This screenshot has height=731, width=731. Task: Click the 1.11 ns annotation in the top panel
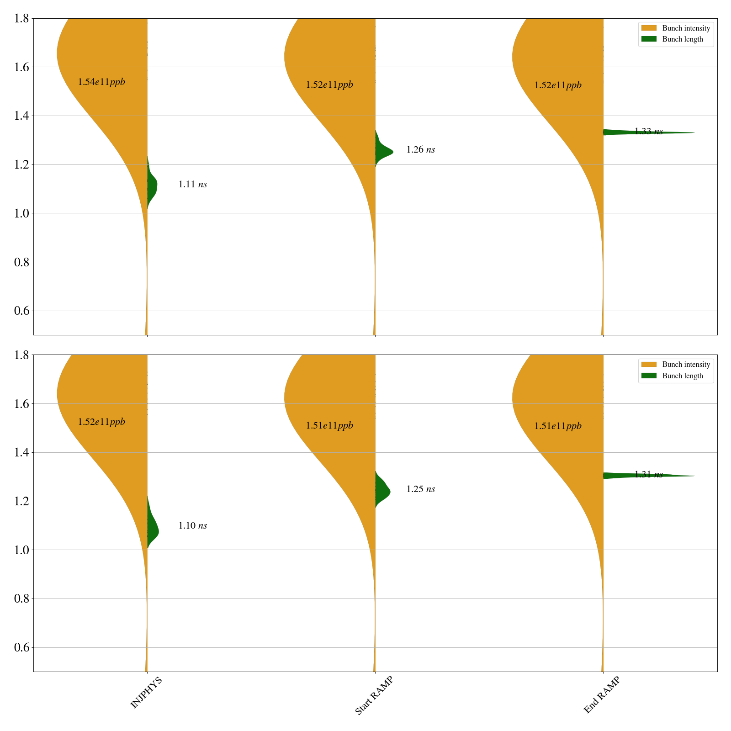tap(192, 185)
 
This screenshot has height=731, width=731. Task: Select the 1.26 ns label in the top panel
tap(420, 150)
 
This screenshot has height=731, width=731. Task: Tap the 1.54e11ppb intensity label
tap(101, 82)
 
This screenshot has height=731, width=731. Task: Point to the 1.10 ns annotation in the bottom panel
tap(192, 526)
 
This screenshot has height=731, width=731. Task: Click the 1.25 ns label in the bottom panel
tap(420, 489)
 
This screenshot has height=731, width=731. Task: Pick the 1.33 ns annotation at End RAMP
tap(648, 132)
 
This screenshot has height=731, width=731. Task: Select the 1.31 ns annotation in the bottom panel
tap(648, 475)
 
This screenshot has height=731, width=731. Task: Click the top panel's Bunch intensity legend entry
tap(686, 28)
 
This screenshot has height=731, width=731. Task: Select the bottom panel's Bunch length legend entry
tap(683, 376)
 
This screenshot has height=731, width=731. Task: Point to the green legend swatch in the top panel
tap(649, 39)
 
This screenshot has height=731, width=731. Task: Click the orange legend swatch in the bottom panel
tap(649, 365)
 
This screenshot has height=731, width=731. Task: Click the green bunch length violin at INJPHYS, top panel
tap(152, 185)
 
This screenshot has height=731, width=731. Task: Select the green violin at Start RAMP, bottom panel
tap(381, 491)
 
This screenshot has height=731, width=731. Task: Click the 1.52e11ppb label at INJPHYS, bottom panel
tap(101, 422)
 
